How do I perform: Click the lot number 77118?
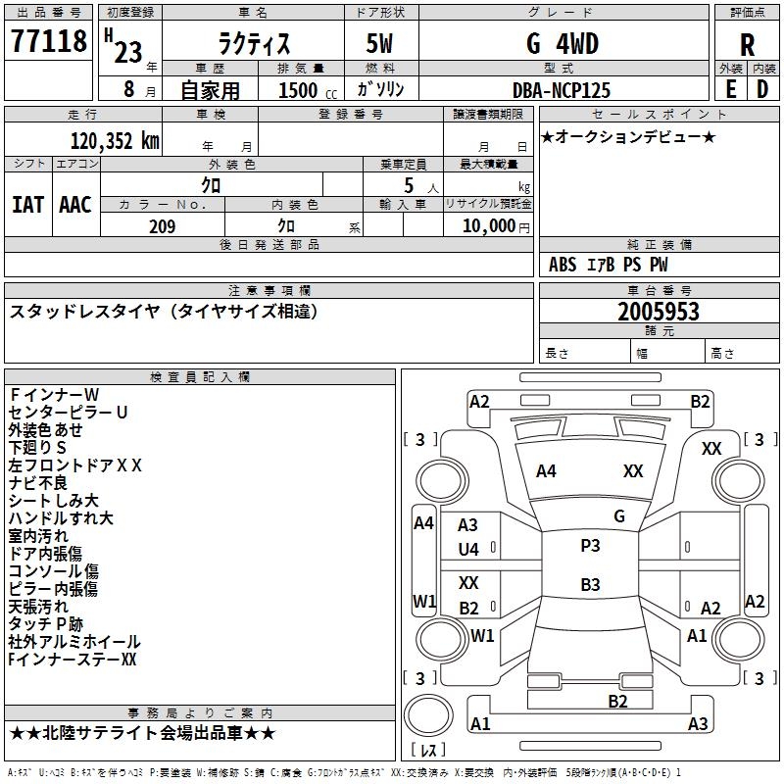click(x=48, y=41)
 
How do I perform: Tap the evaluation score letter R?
click(x=747, y=45)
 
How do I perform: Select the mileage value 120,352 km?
click(x=115, y=141)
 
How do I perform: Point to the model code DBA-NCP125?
click(x=561, y=90)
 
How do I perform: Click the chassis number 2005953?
click(x=658, y=312)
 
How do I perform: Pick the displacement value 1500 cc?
click(x=308, y=90)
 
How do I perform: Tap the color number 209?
click(x=162, y=226)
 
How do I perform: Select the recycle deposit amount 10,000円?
click(x=496, y=226)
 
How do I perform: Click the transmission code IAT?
click(x=27, y=205)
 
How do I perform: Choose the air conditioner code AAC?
click(x=75, y=205)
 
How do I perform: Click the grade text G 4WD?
click(x=563, y=44)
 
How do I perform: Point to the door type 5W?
click(x=379, y=44)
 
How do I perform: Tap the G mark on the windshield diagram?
click(x=619, y=516)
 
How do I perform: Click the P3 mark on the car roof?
click(x=590, y=546)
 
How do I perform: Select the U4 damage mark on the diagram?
click(x=468, y=550)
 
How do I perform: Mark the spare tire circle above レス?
click(x=428, y=715)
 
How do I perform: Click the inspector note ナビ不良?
click(x=37, y=483)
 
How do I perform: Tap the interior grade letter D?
click(x=762, y=89)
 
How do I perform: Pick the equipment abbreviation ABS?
click(x=563, y=265)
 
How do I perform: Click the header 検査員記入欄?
click(x=200, y=377)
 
